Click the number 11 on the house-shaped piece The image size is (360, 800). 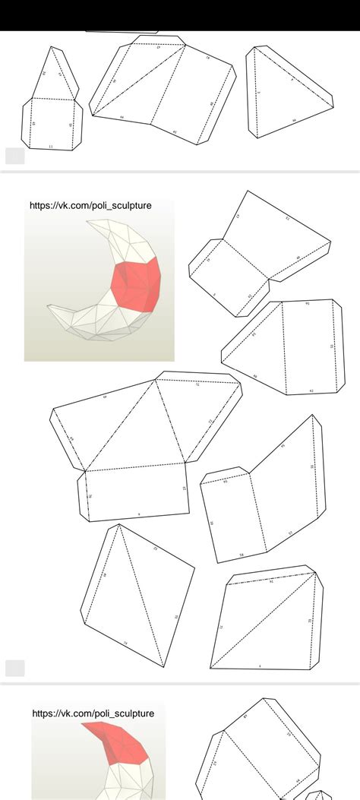(x=51, y=145)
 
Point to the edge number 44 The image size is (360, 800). (x=122, y=118)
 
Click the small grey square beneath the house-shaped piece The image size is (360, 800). (x=14, y=156)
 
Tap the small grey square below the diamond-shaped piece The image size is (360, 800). (x=14, y=668)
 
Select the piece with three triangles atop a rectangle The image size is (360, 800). (x=141, y=448)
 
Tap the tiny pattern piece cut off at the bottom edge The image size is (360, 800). (x=319, y=795)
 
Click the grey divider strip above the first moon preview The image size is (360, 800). (x=180, y=172)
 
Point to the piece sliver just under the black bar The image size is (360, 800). (x=122, y=32)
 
